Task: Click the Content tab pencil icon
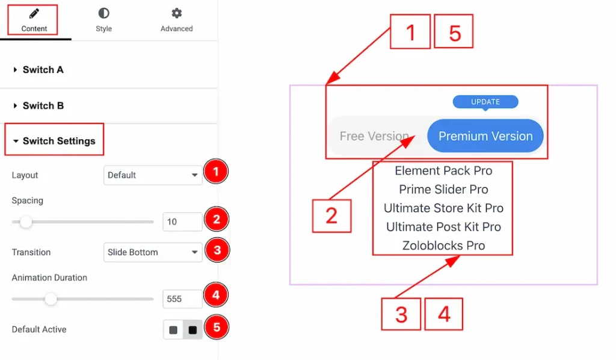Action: coord(34,14)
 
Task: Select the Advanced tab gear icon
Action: coord(177,13)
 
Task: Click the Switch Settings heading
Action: coord(59,141)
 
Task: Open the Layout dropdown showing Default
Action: coord(153,175)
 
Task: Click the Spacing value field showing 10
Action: coord(182,222)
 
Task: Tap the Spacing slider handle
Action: coord(26,222)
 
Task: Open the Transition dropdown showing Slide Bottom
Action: coord(153,252)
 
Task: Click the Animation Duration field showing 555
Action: coord(182,299)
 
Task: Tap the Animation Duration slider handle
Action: coord(51,299)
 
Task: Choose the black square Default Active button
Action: coord(192,330)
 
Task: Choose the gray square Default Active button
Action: coord(173,330)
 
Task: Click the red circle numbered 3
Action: coord(217,250)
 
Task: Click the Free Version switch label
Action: coord(374,136)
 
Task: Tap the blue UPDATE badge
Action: coord(485,102)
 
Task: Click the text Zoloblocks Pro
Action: coord(443,246)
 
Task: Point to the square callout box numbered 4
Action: coord(444,314)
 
